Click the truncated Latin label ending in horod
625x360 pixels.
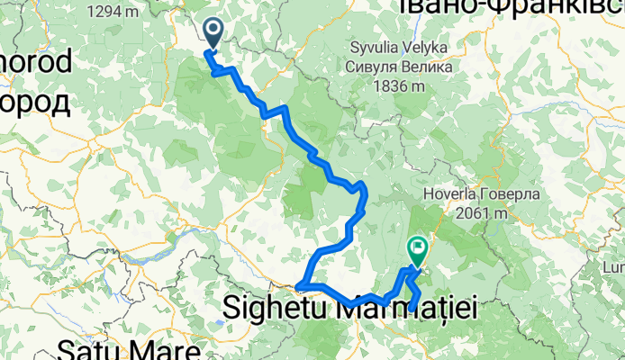click(x=35, y=65)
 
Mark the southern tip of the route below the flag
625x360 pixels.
click(x=412, y=309)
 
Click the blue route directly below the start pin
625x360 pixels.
click(x=214, y=63)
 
